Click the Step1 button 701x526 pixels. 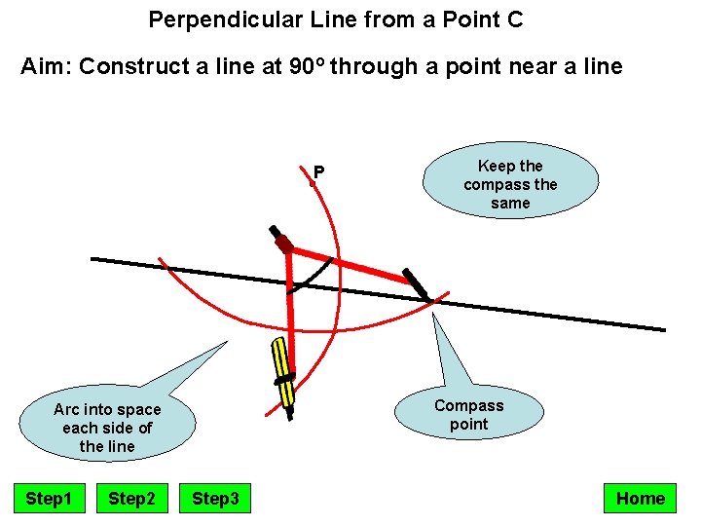pos(49,499)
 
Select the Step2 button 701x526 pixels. pos(131,499)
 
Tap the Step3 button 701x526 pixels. pos(215,499)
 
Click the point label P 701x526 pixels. pos(318,172)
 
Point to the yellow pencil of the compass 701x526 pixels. pos(282,370)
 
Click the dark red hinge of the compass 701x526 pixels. pos(283,244)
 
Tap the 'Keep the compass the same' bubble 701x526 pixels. pos(510,184)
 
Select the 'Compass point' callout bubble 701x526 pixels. pos(468,415)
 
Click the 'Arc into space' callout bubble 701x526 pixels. pos(107,428)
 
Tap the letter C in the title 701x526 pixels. pos(515,19)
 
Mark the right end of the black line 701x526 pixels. pos(664,329)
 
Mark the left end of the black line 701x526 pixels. pos(92,259)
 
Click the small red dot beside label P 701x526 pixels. pos(312,181)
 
